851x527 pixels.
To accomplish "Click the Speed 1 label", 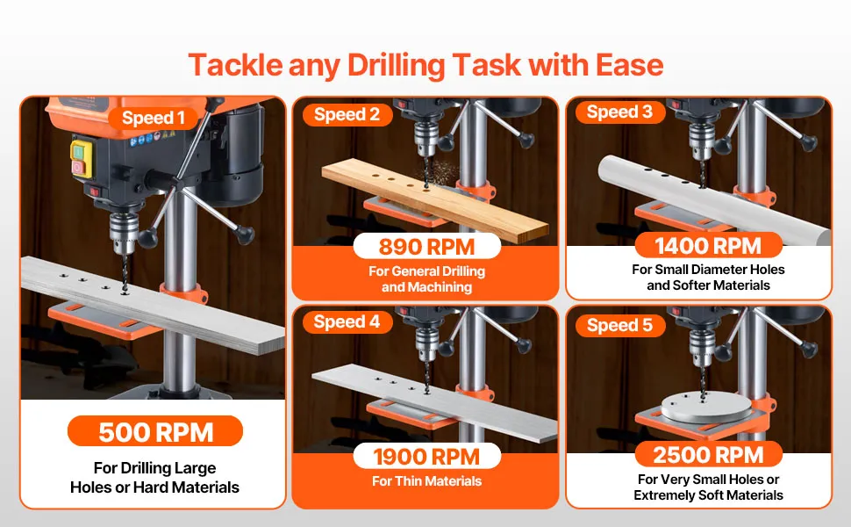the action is tap(153, 118).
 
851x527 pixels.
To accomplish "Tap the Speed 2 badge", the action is tap(347, 115).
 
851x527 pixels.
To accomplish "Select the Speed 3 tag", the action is tap(620, 112).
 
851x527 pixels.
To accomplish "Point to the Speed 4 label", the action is tap(347, 322).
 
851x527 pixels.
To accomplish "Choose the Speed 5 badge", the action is tap(620, 325).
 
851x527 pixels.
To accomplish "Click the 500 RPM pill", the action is tap(155, 431).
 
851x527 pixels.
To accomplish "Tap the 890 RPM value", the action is tap(426, 247).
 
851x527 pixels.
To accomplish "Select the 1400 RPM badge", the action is tap(708, 246).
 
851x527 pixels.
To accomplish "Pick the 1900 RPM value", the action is tap(426, 457).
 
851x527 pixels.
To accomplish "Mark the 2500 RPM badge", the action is tap(708, 455).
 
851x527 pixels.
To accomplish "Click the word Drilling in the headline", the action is tap(397, 66).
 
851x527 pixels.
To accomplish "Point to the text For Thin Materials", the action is tap(426, 480).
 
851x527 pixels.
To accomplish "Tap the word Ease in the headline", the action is tap(630, 66).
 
